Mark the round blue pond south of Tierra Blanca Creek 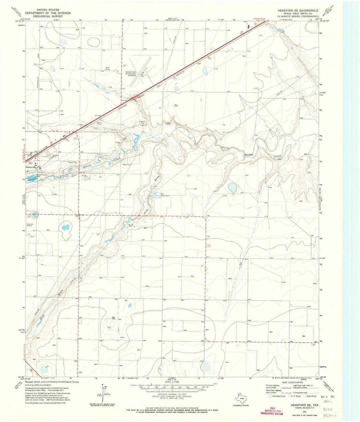(233, 188)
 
